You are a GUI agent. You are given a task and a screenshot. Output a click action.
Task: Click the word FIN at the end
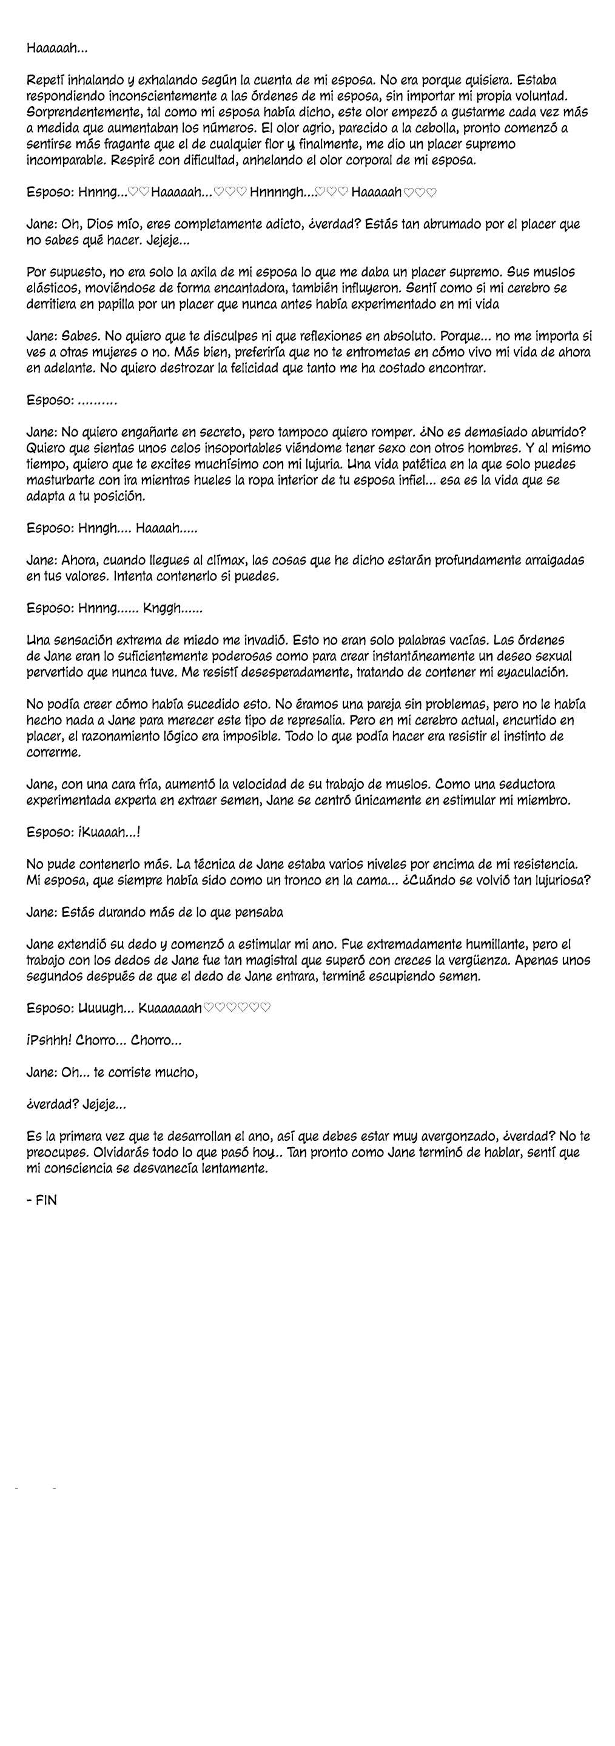47,1200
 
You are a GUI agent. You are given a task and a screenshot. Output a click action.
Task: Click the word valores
85,577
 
